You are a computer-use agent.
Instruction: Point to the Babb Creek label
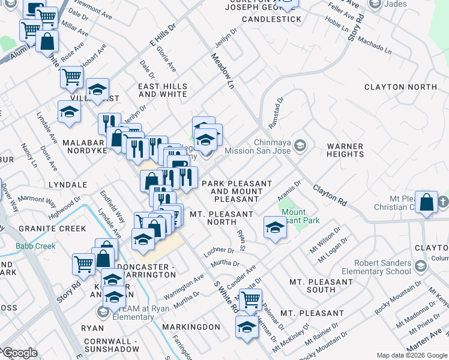pyautogui.click(x=36, y=246)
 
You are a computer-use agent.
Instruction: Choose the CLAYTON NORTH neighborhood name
pyautogui.click(x=400, y=87)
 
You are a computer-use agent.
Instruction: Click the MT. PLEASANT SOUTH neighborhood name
pyautogui.click(x=321, y=286)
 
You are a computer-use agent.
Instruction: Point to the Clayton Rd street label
pyautogui.click(x=330, y=196)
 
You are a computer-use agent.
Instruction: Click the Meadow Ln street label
pyautogui.click(x=221, y=71)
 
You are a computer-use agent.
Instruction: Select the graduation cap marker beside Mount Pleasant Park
pyautogui.click(x=275, y=227)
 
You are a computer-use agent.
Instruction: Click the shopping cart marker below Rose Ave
pyautogui.click(x=71, y=76)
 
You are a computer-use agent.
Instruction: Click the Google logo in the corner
pyautogui.click(x=19, y=353)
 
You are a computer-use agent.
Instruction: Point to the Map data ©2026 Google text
pyautogui.click(x=412, y=355)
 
